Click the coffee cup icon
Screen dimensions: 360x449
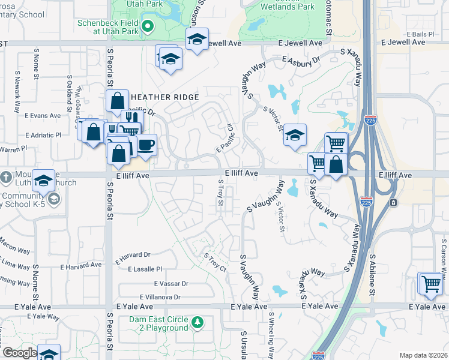point(145,145)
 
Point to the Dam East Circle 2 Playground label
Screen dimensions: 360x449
point(158,323)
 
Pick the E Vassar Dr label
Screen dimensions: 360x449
point(171,283)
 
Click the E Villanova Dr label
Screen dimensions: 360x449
point(160,297)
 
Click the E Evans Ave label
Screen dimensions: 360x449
point(43,115)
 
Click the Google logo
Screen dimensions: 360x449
point(20,353)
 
